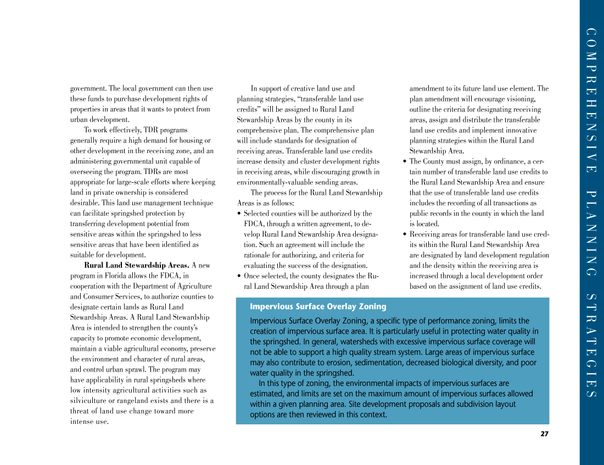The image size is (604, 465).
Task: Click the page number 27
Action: pos(544,434)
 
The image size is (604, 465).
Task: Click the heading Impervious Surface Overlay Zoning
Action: pos(318,307)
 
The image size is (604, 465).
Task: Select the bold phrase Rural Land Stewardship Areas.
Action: pos(144,266)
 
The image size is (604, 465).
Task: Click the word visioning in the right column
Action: pos(521,99)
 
